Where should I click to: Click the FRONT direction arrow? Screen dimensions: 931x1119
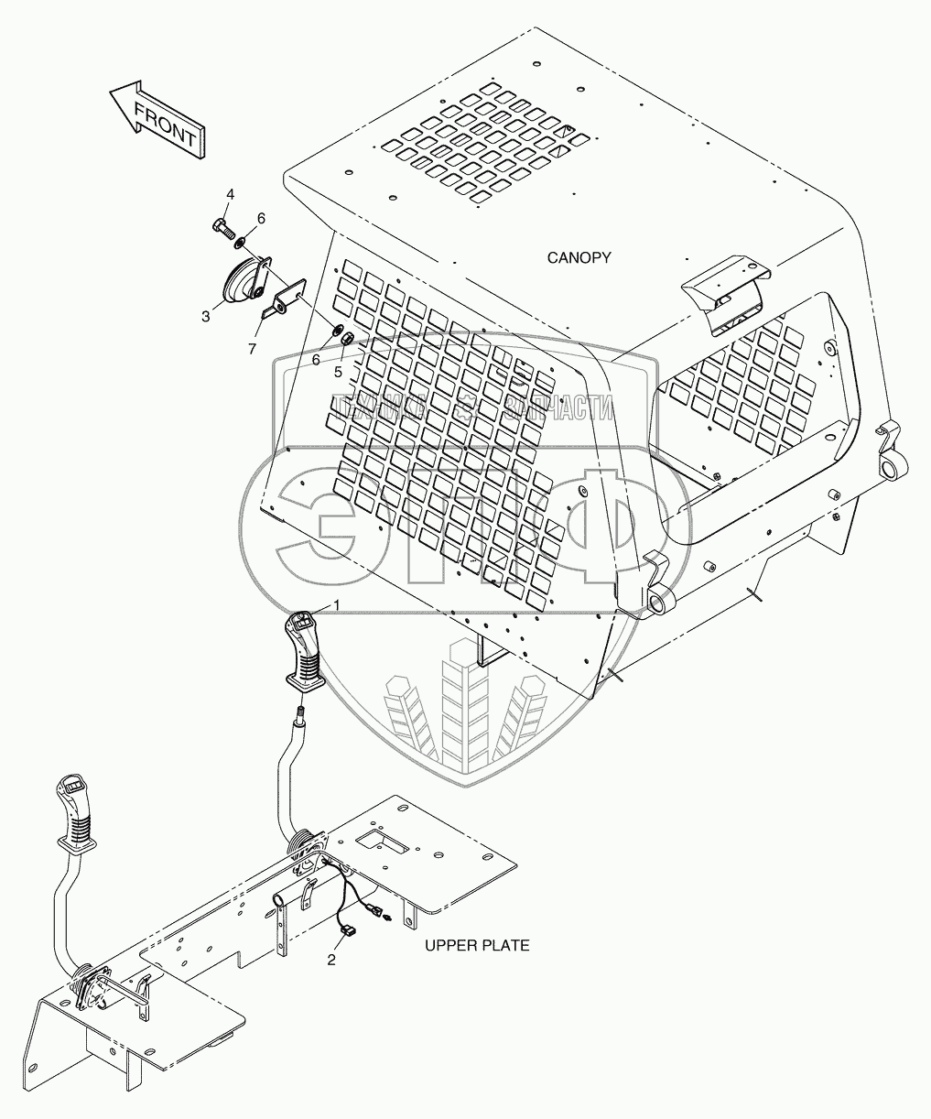point(157,120)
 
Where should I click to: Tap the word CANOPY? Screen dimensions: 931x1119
point(579,258)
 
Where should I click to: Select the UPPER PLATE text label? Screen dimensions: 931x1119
point(477,945)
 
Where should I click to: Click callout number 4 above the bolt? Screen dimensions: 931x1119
point(230,194)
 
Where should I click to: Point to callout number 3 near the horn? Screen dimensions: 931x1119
point(206,317)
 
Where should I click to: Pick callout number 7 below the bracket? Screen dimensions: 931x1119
point(253,348)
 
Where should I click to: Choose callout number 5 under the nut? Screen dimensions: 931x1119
point(338,372)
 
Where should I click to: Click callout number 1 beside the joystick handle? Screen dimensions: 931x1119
point(337,605)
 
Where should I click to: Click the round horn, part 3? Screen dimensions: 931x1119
point(242,280)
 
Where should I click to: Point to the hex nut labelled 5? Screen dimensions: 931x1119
point(347,339)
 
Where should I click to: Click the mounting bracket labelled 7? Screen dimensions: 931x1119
point(284,299)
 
